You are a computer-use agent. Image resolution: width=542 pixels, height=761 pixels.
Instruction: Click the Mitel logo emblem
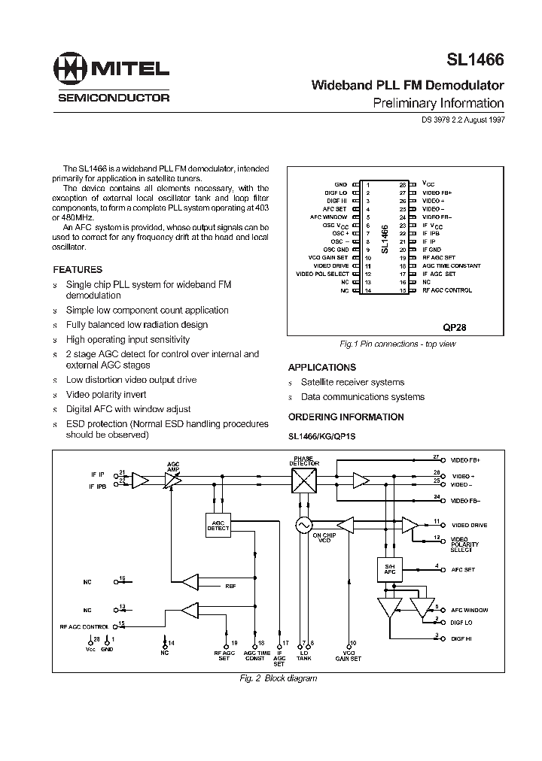[x=72, y=68]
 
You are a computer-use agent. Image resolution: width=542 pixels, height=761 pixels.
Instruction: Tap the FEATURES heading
[x=78, y=269]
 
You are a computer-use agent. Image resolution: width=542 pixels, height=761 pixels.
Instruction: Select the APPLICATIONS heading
[x=322, y=368]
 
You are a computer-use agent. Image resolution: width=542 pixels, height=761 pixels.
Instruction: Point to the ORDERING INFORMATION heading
[x=346, y=417]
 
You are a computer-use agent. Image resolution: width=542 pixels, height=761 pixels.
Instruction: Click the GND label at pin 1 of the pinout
[x=341, y=184]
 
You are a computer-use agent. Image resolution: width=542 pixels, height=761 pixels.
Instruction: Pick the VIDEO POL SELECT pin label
[x=323, y=274]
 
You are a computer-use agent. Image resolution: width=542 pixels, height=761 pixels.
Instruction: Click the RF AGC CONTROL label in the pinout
[x=447, y=290]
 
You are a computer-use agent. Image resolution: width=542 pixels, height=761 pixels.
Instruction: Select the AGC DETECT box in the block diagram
[x=218, y=525]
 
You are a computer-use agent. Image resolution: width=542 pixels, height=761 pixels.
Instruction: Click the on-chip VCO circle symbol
[x=303, y=526]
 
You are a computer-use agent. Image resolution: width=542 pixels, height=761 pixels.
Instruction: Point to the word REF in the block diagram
[x=230, y=585]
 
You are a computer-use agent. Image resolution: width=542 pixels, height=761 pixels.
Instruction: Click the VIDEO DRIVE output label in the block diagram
[x=468, y=525]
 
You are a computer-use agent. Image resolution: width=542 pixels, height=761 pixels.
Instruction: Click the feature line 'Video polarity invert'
[x=106, y=394]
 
